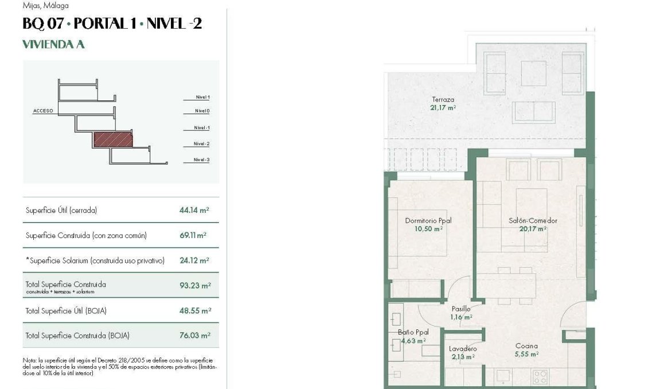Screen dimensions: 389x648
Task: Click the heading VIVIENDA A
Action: click(x=53, y=45)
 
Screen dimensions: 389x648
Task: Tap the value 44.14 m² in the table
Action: click(x=194, y=211)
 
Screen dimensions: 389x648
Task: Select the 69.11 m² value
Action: click(x=193, y=235)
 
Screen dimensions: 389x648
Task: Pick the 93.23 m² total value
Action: click(x=195, y=285)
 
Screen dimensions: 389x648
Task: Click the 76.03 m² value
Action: click(x=195, y=336)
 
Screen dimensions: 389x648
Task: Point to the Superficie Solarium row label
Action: click(x=95, y=260)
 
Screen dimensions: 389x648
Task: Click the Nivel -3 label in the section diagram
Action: click(x=201, y=160)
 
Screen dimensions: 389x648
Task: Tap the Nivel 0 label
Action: click(x=202, y=111)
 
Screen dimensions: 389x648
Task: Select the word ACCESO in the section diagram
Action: click(x=43, y=111)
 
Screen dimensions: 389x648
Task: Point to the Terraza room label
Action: click(x=443, y=100)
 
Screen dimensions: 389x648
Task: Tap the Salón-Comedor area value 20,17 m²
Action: click(x=533, y=228)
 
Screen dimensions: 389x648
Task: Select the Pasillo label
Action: click(x=461, y=309)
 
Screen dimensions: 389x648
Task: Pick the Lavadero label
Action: click(x=463, y=349)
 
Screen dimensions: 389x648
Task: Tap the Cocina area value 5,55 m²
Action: click(x=526, y=354)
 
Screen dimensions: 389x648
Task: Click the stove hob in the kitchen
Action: click(x=540, y=376)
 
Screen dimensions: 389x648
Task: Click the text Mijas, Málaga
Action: click(x=45, y=6)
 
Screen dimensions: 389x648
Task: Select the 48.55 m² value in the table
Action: click(x=195, y=310)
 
